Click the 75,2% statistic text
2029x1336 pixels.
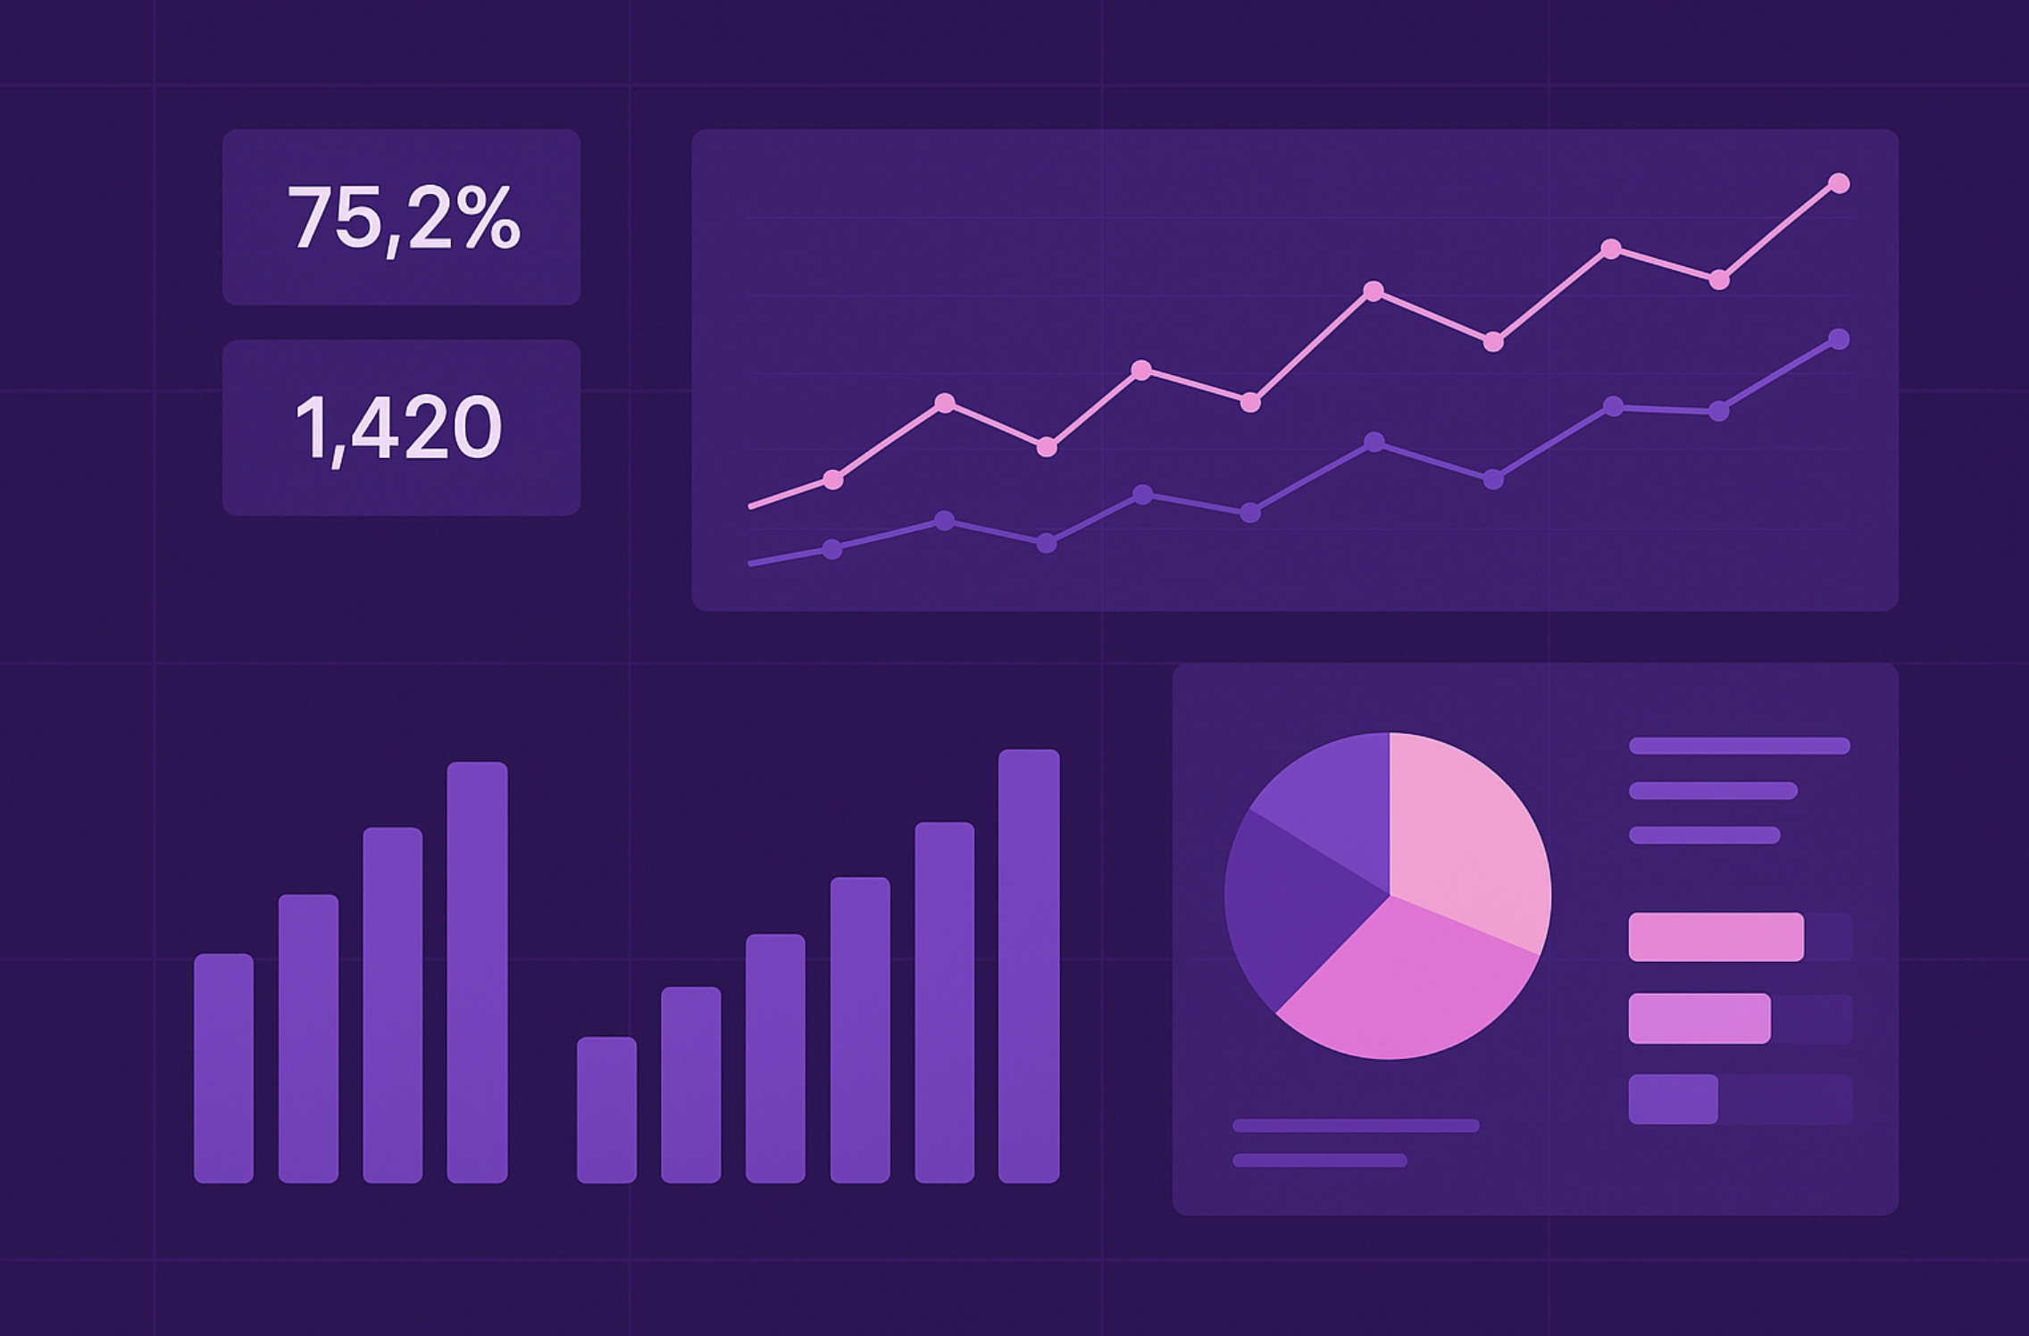403,218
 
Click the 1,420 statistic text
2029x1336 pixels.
398,428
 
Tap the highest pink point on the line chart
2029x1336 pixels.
1839,183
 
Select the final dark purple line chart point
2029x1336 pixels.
1839,339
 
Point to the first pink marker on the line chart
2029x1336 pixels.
832,480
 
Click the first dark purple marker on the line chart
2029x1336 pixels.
831,549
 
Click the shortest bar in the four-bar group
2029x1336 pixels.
223,1068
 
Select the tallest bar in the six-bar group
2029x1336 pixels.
1029,965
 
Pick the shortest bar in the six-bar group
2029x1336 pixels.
606,1109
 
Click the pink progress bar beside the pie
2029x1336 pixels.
1716,937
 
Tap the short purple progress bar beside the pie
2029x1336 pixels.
1673,1098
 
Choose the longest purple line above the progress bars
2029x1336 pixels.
1739,746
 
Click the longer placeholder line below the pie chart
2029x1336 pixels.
1356,1125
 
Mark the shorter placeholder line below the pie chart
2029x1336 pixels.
1319,1160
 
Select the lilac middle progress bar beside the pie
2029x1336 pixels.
1699,1018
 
